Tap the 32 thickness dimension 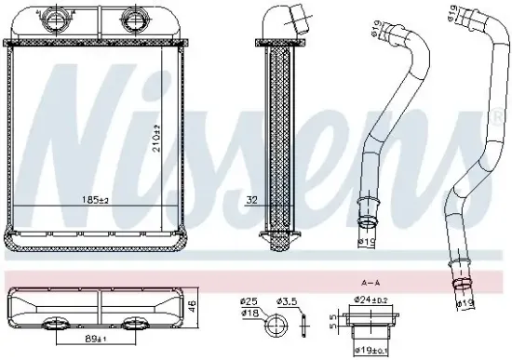(250, 199)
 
